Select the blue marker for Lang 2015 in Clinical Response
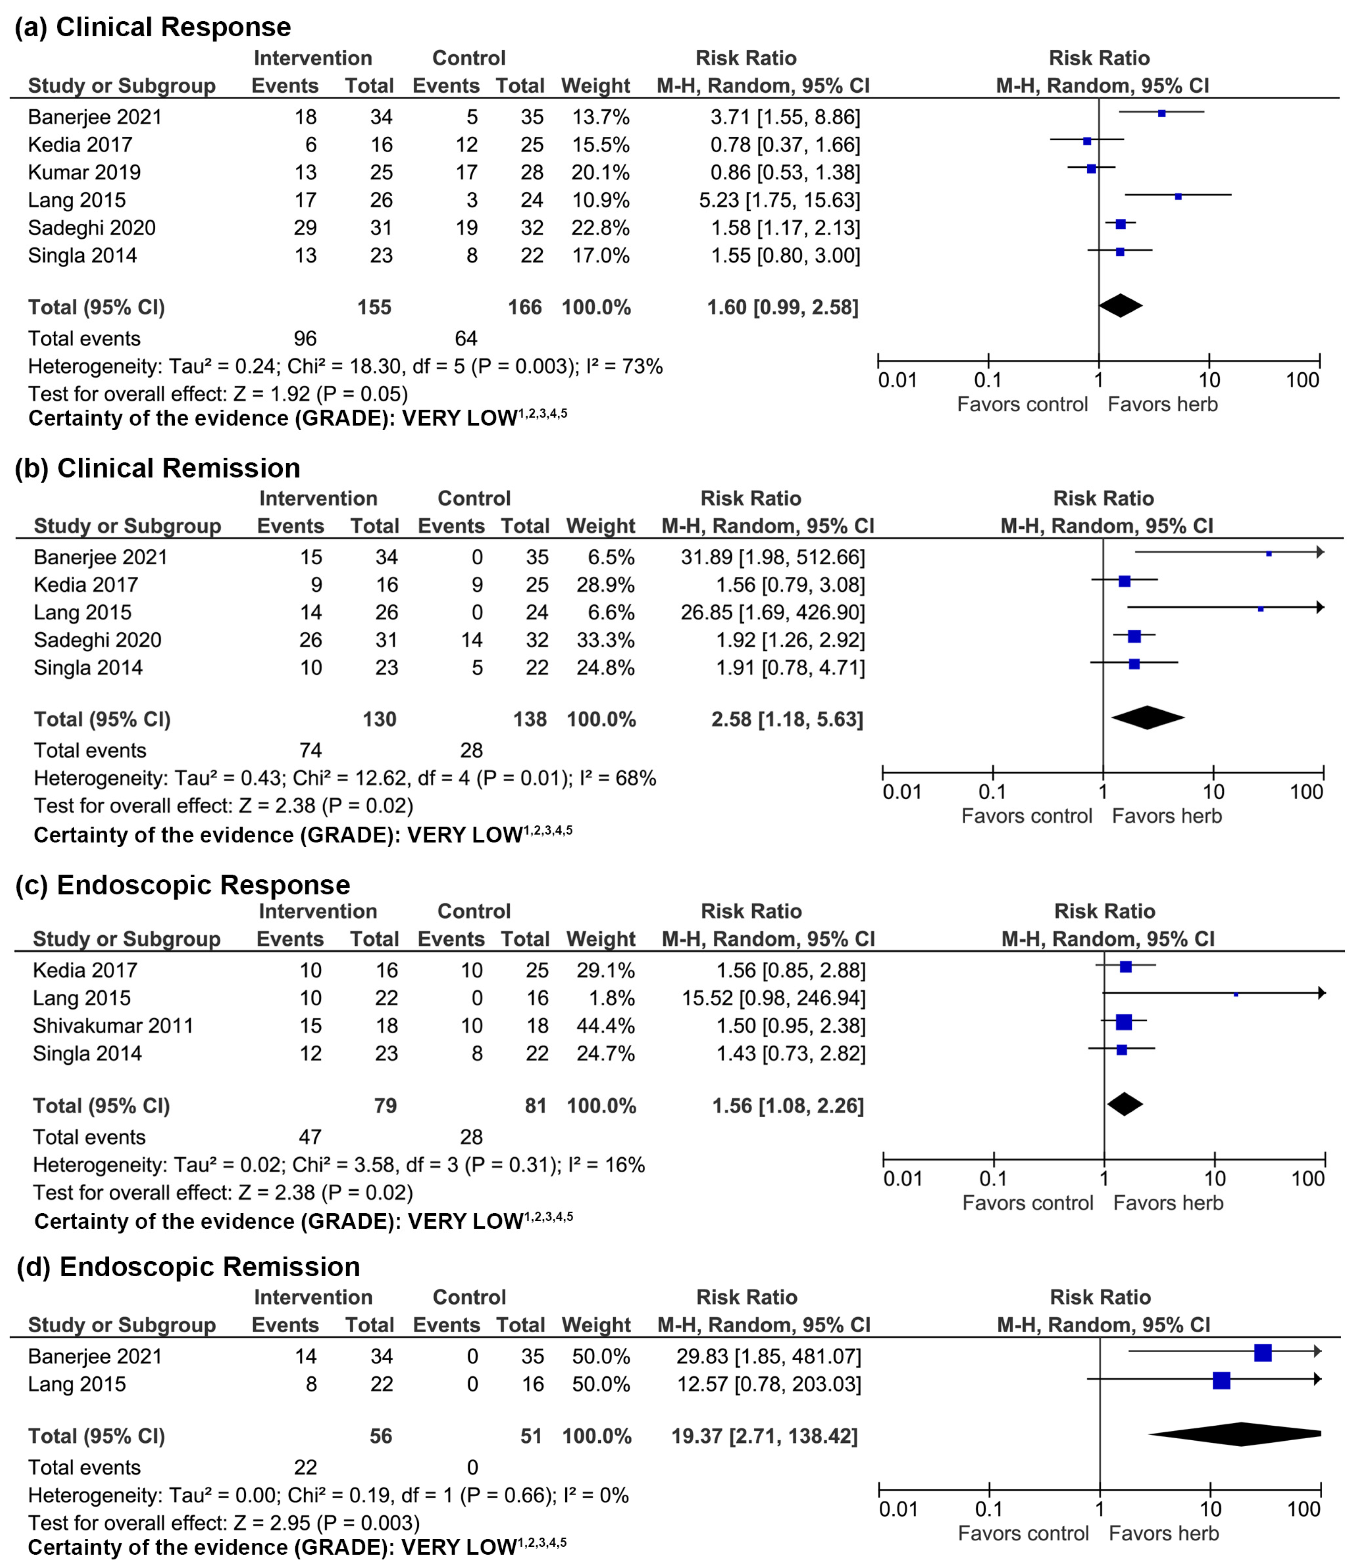[1178, 196]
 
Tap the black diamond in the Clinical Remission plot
[1147, 717]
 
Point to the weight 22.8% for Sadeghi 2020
[600, 228]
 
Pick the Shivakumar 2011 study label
[113, 1025]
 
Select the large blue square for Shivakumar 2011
[1123, 1023]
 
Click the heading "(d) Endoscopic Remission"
[189, 1267]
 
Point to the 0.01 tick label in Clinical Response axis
[897, 380]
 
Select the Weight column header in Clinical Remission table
[601, 526]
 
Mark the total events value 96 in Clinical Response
[305, 338]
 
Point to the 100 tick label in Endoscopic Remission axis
[1304, 1509]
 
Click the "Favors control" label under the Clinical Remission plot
[1027, 816]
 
